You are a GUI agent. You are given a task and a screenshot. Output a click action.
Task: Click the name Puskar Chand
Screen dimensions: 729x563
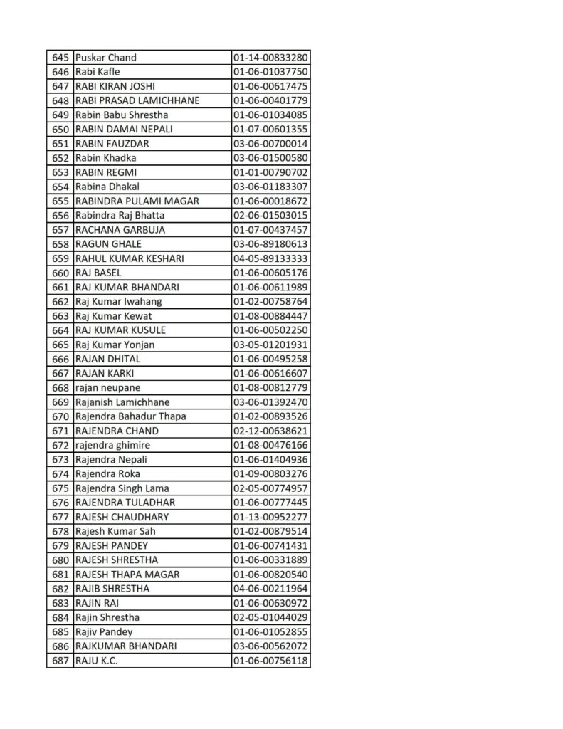[x=105, y=58]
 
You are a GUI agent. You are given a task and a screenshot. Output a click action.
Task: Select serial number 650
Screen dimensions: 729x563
[x=60, y=130]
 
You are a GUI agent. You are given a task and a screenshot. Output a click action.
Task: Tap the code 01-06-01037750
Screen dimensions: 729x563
[x=270, y=72]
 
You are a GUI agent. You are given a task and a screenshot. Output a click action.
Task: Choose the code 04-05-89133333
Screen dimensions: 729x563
[x=270, y=258]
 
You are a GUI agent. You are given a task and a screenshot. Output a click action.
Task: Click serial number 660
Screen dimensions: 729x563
[x=60, y=273]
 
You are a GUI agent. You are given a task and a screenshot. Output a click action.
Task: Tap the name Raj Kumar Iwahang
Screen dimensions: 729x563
[x=118, y=302]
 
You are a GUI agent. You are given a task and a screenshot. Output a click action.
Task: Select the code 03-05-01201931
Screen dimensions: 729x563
[x=270, y=345]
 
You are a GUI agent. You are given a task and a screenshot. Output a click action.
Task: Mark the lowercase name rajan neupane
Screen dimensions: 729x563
[x=107, y=388]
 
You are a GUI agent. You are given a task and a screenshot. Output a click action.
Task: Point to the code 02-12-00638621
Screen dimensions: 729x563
[x=270, y=431]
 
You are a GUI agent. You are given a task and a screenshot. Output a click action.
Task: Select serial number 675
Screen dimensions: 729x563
[x=60, y=488]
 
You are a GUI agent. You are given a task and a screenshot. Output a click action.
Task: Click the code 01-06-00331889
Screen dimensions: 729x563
[x=270, y=560]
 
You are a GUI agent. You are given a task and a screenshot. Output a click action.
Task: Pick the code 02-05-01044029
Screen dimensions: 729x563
[x=270, y=617]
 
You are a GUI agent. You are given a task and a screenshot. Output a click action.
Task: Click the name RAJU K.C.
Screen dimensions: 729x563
[x=96, y=661]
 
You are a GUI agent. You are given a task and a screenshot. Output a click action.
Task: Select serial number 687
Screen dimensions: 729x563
[x=60, y=661]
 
